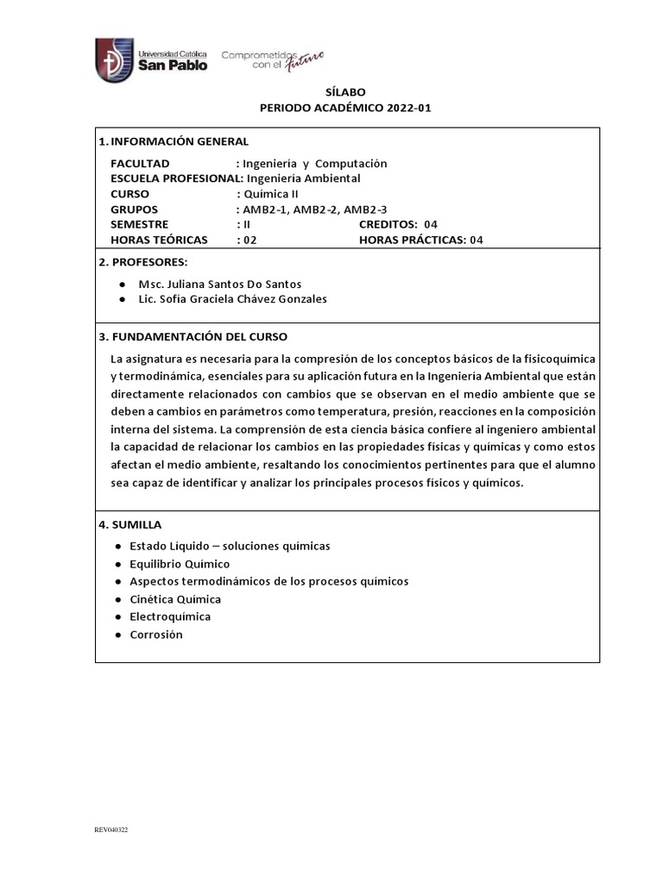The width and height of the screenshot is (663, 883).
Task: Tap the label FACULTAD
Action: pos(140,163)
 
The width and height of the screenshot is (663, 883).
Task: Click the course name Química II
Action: pos(271,194)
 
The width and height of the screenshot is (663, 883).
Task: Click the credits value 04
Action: pos(431,224)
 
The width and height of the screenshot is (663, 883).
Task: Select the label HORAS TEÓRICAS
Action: pos(160,240)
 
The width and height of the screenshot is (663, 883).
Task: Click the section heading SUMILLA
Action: pos(136,524)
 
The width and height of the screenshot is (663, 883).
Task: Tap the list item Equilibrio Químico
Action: pos(180,563)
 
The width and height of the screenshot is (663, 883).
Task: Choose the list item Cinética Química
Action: pos(175,598)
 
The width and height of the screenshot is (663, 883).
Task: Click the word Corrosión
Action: pos(156,634)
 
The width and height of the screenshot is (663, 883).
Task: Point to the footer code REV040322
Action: pos(111,830)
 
